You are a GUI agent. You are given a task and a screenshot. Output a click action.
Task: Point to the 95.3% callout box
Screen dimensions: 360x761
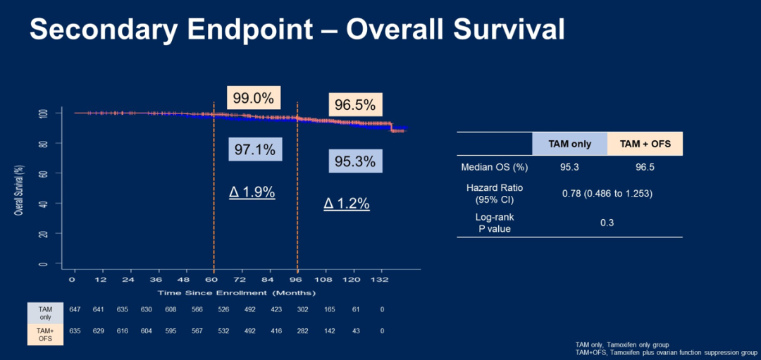coord(355,161)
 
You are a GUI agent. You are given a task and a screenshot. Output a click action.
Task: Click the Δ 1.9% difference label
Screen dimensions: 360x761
coord(252,192)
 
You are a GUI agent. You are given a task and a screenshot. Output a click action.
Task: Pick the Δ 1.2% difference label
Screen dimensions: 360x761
coord(347,203)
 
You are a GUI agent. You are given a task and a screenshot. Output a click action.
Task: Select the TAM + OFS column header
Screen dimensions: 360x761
coord(645,144)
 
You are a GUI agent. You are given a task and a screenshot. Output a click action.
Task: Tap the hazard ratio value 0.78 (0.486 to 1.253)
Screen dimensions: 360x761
coord(607,193)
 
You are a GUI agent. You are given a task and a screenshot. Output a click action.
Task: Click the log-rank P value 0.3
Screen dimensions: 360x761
coord(607,223)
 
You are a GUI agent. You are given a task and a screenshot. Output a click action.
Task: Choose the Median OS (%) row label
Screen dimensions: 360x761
coord(494,167)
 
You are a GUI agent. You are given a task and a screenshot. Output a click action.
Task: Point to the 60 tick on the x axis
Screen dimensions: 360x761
coord(214,280)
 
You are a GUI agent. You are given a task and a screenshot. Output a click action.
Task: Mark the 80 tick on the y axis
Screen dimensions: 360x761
coord(43,143)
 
